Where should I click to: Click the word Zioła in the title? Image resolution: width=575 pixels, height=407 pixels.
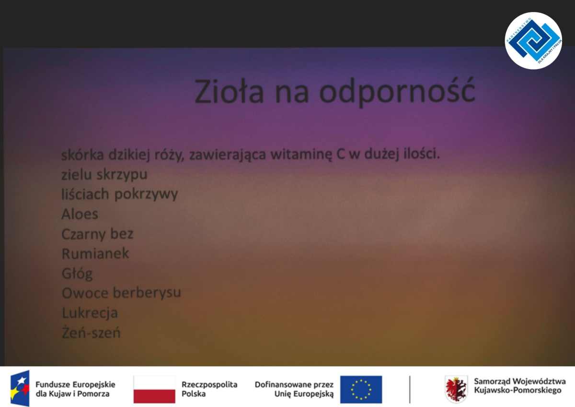coord(229,91)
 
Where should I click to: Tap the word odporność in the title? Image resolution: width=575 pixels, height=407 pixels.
coord(397,92)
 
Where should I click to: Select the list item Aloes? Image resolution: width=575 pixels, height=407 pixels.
coord(80,214)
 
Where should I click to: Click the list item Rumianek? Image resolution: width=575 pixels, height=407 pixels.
coord(95,253)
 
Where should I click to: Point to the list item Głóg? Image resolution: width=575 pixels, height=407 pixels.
coord(77,274)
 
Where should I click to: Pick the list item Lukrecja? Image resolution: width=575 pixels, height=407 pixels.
coord(90,313)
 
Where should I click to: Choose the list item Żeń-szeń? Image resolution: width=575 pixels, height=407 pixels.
coord(91,332)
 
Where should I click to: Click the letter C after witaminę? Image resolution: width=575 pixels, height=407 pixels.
coord(340,154)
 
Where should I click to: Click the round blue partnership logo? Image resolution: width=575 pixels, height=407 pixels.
coord(533,41)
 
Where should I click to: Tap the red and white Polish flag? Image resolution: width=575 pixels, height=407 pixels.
coord(154,389)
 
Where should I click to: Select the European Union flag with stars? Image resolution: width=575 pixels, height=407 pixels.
coord(361,389)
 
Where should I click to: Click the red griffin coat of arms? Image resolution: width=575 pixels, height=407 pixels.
coord(456,389)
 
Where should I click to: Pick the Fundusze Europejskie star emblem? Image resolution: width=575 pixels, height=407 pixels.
coord(20,388)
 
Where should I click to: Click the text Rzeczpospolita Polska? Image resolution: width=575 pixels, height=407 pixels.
coord(209,389)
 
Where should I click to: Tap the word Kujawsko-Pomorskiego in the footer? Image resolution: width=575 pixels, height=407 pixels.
coord(518,390)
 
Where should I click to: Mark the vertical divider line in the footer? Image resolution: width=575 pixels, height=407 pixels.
coord(410,390)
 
